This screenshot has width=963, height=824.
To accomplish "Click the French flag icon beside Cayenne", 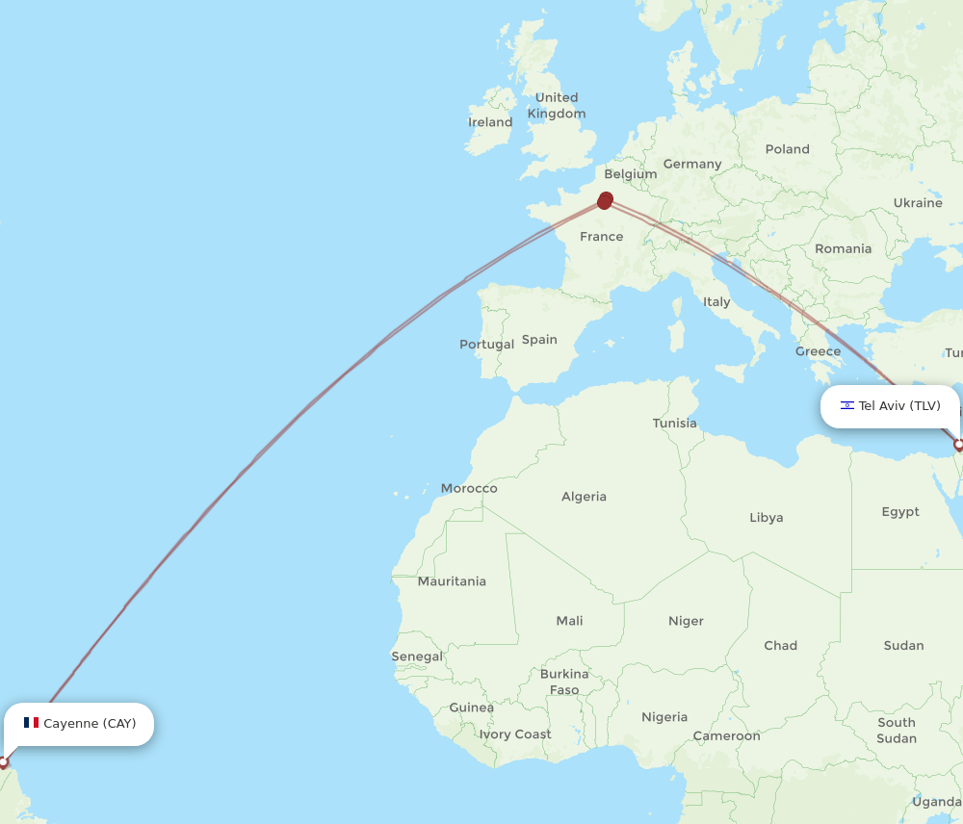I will (31, 723).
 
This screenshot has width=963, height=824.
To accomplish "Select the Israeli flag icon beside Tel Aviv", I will (846, 406).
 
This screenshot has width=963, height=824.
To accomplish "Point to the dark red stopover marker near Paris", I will (605, 200).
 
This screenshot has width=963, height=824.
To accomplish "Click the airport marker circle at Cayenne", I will (3, 762).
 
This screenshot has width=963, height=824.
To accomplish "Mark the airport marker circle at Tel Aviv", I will (958, 445).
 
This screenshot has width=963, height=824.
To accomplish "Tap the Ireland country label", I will (490, 122).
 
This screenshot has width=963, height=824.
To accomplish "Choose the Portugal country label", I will (486, 344).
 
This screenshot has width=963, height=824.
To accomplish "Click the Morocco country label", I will (469, 488).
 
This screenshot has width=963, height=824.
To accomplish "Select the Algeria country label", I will (584, 497).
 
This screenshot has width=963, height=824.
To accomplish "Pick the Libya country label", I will (766, 517).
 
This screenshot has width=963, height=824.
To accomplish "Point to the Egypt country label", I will (900, 511).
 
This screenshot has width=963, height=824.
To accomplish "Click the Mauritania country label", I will (452, 581).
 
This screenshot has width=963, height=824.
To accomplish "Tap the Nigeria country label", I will (664, 717).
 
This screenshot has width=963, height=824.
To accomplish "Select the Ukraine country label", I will (917, 203).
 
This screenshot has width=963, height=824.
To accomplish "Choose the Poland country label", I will (787, 149).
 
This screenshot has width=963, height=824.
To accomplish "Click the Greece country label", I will (818, 351).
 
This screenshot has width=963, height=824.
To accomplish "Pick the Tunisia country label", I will (674, 423).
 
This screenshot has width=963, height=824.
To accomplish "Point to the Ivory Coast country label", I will (515, 734).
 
